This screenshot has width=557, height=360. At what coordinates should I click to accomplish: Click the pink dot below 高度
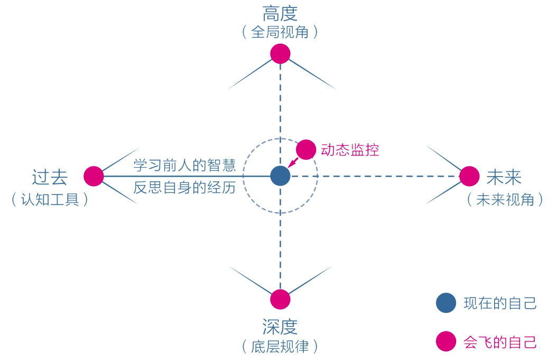pyautogui.click(x=280, y=53)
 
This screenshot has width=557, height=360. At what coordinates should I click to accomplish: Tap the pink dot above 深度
pyautogui.click(x=280, y=299)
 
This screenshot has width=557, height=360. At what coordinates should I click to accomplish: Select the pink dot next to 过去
pyautogui.click(x=94, y=176)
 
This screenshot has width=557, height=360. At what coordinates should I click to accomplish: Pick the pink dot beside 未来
pyautogui.click(x=469, y=176)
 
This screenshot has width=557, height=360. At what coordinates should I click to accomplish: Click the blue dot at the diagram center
pyautogui.click(x=280, y=176)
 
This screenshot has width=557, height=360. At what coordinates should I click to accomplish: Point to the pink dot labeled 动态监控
pyautogui.click(x=305, y=150)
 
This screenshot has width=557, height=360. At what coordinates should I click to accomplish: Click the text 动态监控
pyautogui.click(x=350, y=150)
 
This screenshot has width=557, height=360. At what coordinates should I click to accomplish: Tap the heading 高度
pyautogui.click(x=280, y=14)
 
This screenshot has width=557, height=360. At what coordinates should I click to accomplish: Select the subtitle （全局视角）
pyautogui.click(x=280, y=33)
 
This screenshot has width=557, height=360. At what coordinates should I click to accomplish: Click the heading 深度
pyautogui.click(x=280, y=327)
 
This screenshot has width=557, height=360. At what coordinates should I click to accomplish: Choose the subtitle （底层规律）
pyautogui.click(x=280, y=347)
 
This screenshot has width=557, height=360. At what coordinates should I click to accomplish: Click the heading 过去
pyautogui.click(x=50, y=177)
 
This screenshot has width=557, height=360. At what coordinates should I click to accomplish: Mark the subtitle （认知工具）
pyautogui.click(x=50, y=200)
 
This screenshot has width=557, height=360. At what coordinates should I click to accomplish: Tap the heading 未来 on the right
pyautogui.click(x=504, y=177)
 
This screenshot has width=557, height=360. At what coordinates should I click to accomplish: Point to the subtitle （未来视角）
pyautogui.click(x=505, y=200)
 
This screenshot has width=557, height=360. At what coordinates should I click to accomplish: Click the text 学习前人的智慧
pyautogui.click(x=184, y=165)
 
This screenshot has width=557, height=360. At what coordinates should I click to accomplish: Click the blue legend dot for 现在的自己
pyautogui.click(x=445, y=303)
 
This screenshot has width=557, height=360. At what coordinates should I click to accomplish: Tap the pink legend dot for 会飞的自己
pyautogui.click(x=445, y=341)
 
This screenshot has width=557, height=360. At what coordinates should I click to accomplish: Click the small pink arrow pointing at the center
pyautogui.click(x=292, y=163)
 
